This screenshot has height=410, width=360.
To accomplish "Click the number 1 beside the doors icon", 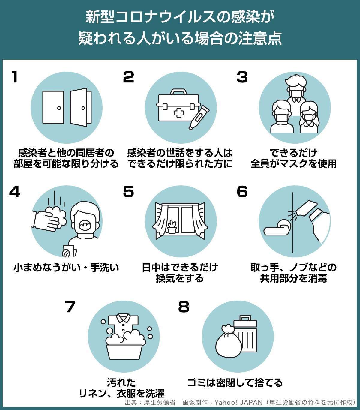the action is pyautogui.click(x=15, y=77).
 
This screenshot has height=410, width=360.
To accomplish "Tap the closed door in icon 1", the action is pyautogui.click(x=53, y=107).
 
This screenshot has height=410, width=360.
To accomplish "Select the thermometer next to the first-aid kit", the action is pyautogui.click(x=199, y=118).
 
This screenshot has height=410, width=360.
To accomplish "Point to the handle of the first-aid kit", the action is pyautogui.click(x=178, y=92).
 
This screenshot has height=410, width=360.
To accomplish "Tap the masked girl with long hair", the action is pyautogui.click(x=309, y=117).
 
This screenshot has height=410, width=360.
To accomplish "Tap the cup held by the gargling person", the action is pyautogui.click(x=69, y=251).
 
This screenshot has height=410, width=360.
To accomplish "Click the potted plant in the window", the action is pyautogui.click(x=172, y=227).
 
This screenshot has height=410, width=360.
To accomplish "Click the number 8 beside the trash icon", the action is pyautogui.click(x=184, y=307).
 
